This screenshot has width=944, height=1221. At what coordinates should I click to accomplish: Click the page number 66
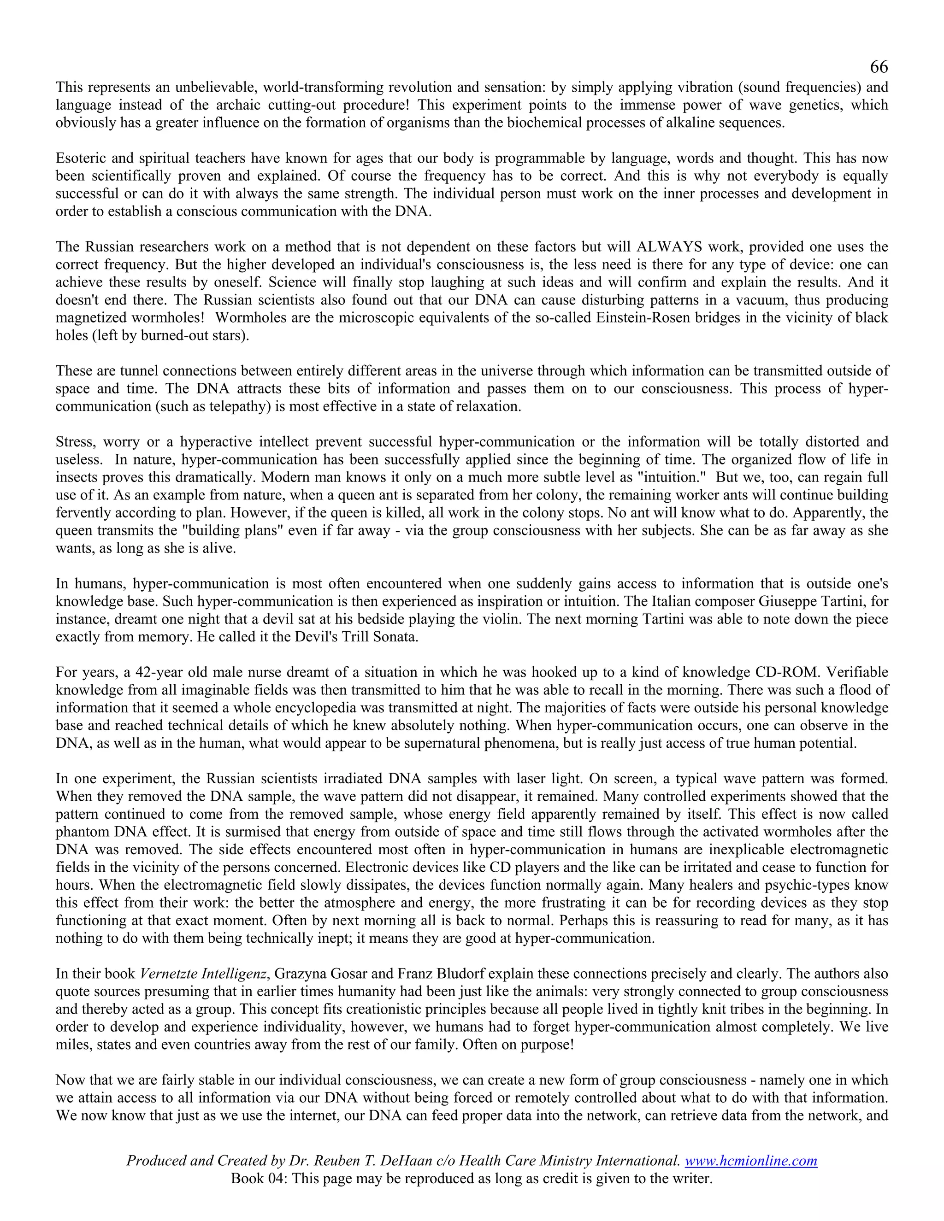pyautogui.click(x=879, y=67)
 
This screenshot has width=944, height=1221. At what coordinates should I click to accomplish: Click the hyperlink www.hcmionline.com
pyautogui.click(x=750, y=1161)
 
